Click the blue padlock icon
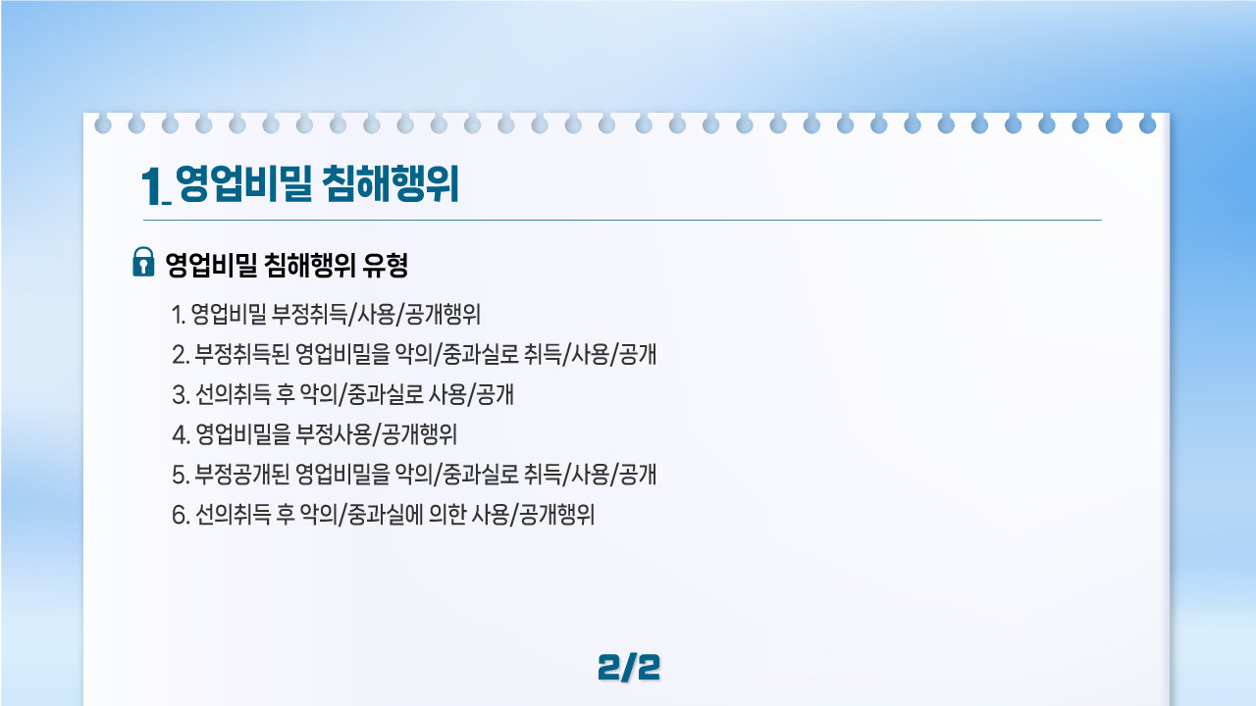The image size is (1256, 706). tap(143, 262)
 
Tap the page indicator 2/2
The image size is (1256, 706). tap(629, 668)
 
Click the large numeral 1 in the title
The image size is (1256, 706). tap(151, 186)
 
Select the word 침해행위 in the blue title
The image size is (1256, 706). tap(391, 183)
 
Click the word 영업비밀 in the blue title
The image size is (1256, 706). tap(244, 183)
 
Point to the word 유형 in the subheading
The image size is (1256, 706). tap(386, 265)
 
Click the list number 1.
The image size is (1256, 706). tap(178, 315)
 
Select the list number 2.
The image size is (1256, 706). tap(180, 355)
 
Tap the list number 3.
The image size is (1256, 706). tap(180, 395)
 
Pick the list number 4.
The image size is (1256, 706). tap(180, 435)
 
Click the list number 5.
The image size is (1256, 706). tap(180, 476)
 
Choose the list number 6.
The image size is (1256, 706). tap(180, 516)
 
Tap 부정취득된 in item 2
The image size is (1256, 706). tap(242, 355)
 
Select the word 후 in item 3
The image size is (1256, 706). tap(286, 394)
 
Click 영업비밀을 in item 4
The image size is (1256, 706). tap(242, 434)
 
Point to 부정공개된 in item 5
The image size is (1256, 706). tap(242, 475)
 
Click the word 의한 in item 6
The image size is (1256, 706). tap(447, 515)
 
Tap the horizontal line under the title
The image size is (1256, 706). tap(622, 221)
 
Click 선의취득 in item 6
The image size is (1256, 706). tap(233, 515)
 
